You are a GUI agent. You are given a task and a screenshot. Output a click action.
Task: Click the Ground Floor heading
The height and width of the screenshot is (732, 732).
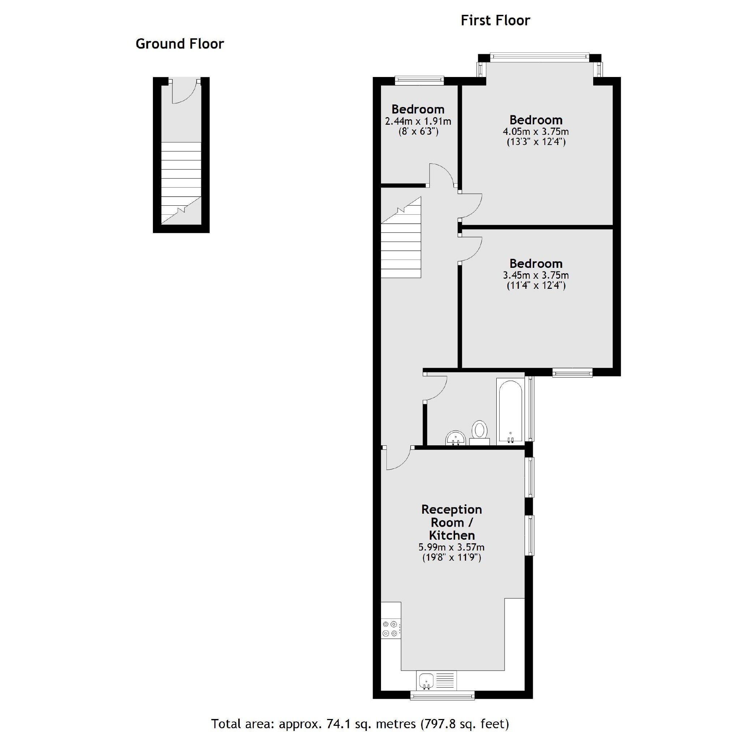coord(180,44)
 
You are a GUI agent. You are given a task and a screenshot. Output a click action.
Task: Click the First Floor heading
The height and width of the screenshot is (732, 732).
coord(495,21)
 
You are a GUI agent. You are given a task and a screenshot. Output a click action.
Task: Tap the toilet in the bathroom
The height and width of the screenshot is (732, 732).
coord(480,432)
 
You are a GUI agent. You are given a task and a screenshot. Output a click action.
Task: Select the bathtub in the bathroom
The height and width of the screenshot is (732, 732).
coord(510,411)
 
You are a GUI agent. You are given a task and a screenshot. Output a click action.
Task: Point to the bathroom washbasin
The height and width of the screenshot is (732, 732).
coord(455,438)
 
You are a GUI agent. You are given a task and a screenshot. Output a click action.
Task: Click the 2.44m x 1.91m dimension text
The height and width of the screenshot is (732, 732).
coord(418,121)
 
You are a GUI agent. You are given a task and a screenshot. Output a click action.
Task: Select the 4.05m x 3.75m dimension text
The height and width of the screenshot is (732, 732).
coord(535,132)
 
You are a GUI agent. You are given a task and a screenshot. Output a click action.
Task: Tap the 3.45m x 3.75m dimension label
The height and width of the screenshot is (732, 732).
coord(535,275)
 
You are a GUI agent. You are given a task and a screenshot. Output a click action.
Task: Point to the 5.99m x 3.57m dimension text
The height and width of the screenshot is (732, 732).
coord(451,547)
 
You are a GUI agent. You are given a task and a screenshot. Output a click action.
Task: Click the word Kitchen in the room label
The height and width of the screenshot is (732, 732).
coord(451,535)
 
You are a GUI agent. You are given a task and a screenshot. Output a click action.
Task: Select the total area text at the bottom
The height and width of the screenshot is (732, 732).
coord(360,723)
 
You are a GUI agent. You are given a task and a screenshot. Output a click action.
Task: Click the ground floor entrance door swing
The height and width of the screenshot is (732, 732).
coord(184,92)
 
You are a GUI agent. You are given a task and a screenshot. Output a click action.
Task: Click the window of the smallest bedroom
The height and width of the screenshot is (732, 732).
coord(419,80)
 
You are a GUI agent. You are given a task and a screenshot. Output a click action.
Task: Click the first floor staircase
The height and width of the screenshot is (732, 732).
coord(401,243)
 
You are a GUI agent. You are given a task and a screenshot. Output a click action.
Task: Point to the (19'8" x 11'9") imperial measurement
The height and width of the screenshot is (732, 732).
coord(451,558)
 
